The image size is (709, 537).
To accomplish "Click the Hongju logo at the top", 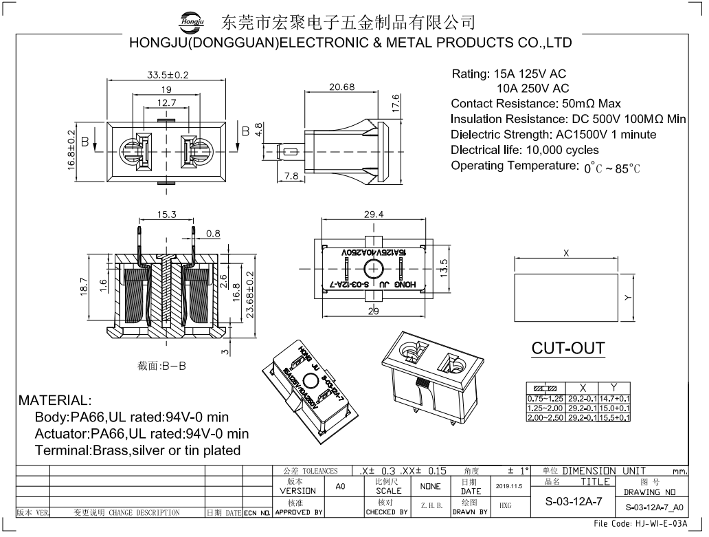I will [192, 21].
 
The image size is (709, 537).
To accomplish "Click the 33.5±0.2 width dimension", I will [167, 74].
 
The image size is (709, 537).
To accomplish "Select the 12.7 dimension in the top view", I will [167, 103].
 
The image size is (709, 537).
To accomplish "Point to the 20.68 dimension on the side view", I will [341, 87].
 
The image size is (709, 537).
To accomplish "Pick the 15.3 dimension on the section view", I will [167, 215].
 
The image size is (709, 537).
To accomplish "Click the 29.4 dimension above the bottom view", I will [374, 215].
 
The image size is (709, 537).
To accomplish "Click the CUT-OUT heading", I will [567, 348].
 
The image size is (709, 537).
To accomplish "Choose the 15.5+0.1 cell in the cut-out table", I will [615, 417].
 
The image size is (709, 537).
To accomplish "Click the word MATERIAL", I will [54, 400].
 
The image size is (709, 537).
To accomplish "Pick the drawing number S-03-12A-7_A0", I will [654, 508].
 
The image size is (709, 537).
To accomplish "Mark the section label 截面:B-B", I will [161, 366].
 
